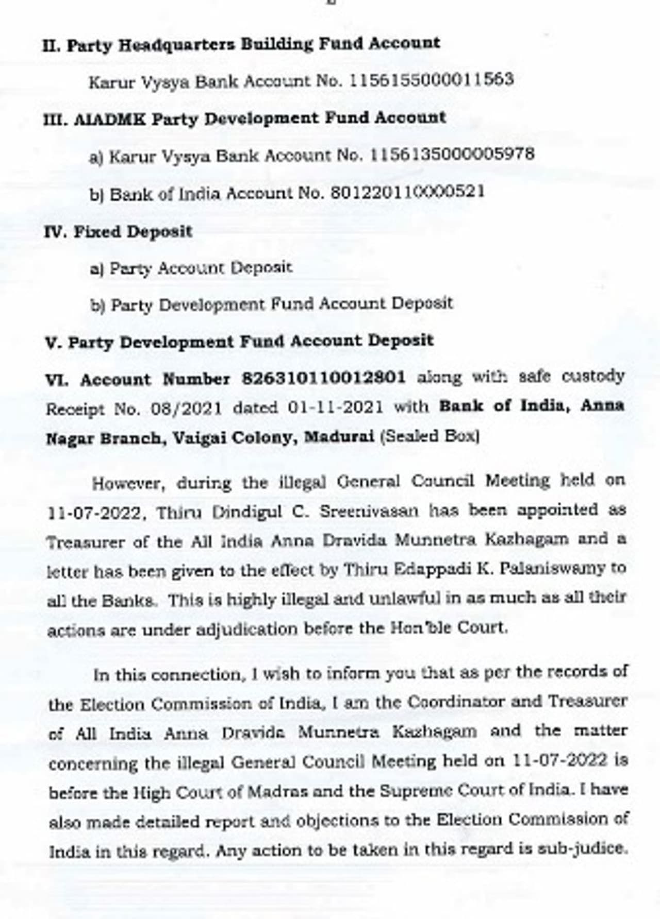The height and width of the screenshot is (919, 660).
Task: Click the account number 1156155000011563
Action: (432, 80)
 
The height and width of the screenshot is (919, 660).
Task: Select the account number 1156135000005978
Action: (452, 154)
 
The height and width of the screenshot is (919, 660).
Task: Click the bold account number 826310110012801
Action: (324, 378)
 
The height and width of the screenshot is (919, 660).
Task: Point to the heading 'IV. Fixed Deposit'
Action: (118, 231)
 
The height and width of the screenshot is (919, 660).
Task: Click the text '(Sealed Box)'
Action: (430, 436)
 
